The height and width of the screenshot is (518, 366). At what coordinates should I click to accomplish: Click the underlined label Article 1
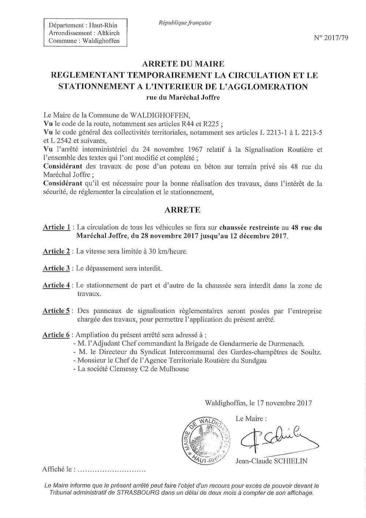(57, 227)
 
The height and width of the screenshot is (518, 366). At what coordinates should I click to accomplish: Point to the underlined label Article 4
(57, 285)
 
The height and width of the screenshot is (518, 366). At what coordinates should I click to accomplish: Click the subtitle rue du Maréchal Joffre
(183, 97)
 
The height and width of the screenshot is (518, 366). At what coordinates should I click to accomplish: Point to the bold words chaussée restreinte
(250, 227)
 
